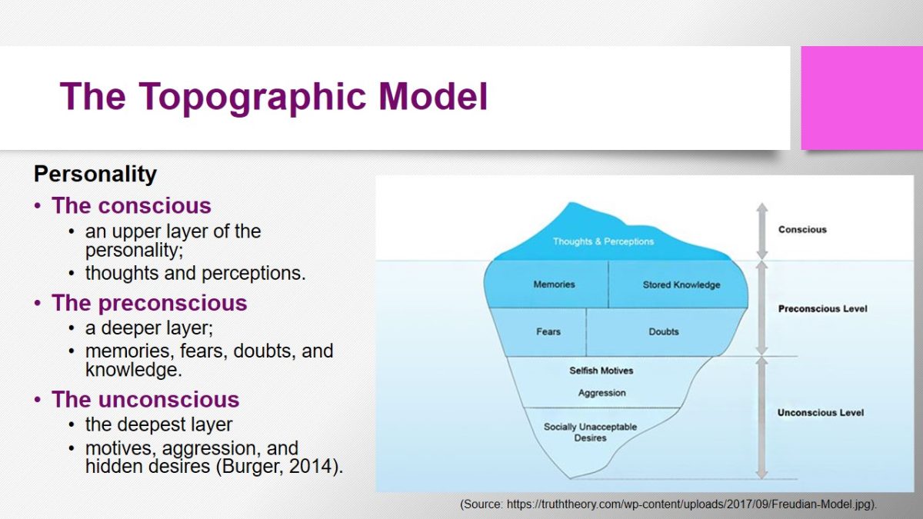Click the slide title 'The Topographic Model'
(x=274, y=97)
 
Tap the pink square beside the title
(x=862, y=98)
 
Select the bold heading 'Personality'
(x=95, y=175)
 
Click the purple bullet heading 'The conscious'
(x=131, y=205)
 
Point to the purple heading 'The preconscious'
(x=149, y=303)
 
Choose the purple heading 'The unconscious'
(x=145, y=400)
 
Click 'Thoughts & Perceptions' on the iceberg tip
(x=603, y=241)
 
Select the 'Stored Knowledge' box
(x=678, y=284)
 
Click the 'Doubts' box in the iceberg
(x=663, y=332)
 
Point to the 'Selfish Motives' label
(x=601, y=371)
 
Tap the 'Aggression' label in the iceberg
(x=602, y=393)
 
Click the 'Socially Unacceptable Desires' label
(x=591, y=432)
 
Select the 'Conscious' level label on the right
(x=802, y=229)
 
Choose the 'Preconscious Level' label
(x=822, y=309)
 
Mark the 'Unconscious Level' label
(x=821, y=413)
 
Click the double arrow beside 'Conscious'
(x=762, y=231)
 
